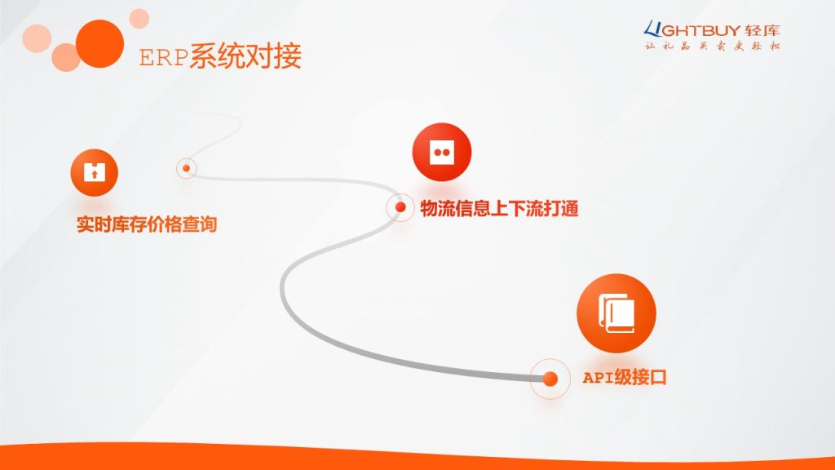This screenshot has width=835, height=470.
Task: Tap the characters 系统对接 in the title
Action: [x=245, y=55]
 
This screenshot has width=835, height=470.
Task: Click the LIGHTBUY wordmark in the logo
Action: [x=692, y=30]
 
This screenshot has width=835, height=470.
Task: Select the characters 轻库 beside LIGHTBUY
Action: [x=762, y=30]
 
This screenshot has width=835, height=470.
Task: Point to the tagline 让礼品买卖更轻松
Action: [x=712, y=46]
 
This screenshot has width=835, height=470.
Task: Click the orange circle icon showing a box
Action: [x=95, y=173]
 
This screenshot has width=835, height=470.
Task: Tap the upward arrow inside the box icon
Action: [x=95, y=175]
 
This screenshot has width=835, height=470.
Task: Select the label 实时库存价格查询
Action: [x=147, y=224]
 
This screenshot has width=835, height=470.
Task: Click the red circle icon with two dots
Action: [x=442, y=153]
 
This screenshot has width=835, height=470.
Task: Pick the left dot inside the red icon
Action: [x=438, y=153]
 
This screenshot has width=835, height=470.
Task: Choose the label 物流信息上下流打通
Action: [x=499, y=208]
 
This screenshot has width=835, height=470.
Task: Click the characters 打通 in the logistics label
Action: [x=561, y=208]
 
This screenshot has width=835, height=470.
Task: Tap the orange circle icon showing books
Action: [x=616, y=313]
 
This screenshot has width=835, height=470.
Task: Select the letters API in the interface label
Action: [x=598, y=378]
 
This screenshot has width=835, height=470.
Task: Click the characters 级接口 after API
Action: [x=640, y=377]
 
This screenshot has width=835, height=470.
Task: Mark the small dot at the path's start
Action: [x=187, y=168]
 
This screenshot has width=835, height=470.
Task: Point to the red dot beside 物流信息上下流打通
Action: [x=400, y=207]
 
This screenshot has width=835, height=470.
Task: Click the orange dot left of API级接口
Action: [x=550, y=379]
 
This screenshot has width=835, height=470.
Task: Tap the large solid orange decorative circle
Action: [x=99, y=44]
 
